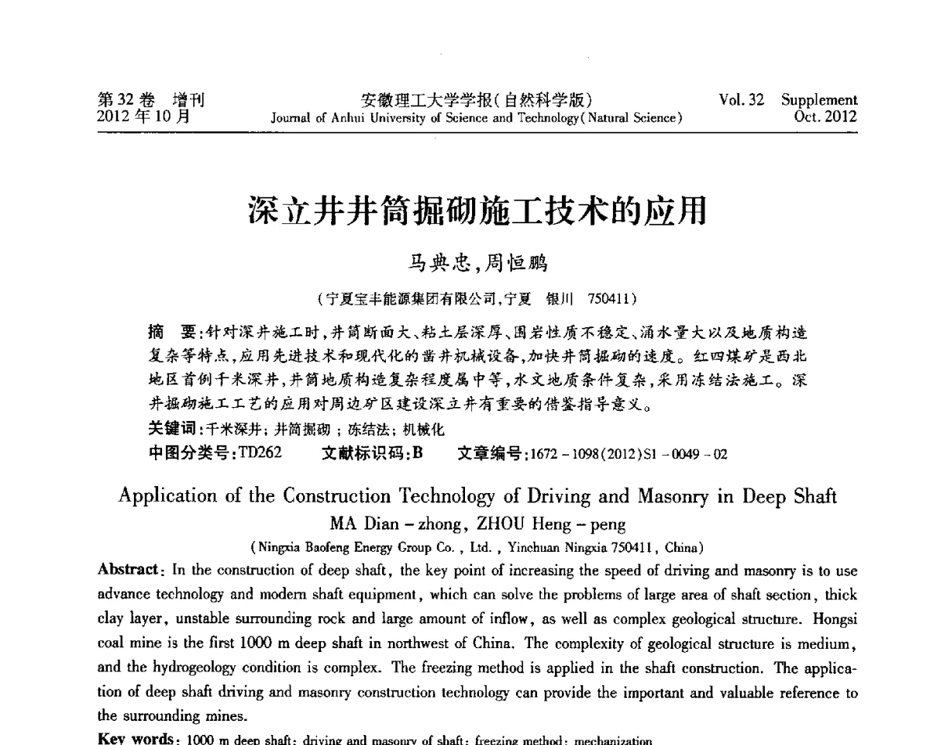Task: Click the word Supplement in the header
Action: coord(819,100)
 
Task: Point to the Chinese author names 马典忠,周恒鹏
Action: coord(477,264)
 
